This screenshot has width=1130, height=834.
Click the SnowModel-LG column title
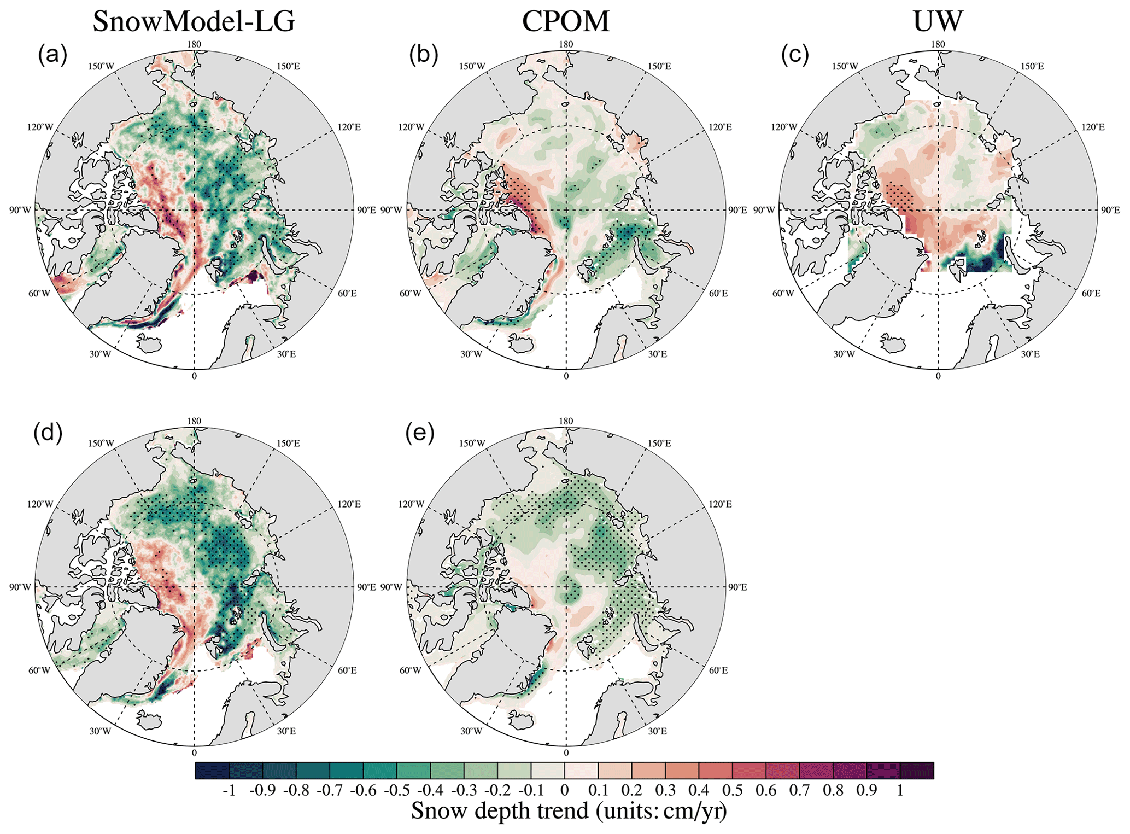tap(194, 22)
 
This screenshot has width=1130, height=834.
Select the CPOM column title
tap(565, 22)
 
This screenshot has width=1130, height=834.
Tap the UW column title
tap(938, 22)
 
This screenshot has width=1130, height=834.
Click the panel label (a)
tap(53, 55)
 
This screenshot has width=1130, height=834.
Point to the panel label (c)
tap(796, 55)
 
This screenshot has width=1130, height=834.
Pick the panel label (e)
tap(420, 433)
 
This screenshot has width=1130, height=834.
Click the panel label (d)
tap(48, 433)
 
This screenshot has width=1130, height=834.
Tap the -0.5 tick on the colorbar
tap(397, 790)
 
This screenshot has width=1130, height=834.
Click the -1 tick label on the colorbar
tap(229, 790)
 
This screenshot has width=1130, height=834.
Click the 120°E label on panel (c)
tap(1092, 127)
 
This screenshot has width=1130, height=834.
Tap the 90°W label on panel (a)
tap(20, 210)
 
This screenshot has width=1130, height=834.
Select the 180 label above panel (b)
tap(566, 44)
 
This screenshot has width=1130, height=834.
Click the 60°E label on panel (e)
tap(718, 670)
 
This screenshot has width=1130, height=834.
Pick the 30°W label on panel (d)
tap(100, 731)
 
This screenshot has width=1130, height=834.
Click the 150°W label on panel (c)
tap(845, 67)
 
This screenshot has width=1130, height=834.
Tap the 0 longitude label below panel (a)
tap(194, 376)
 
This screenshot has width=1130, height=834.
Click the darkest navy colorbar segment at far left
tap(212, 771)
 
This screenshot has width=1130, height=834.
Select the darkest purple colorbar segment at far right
tap(917, 771)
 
